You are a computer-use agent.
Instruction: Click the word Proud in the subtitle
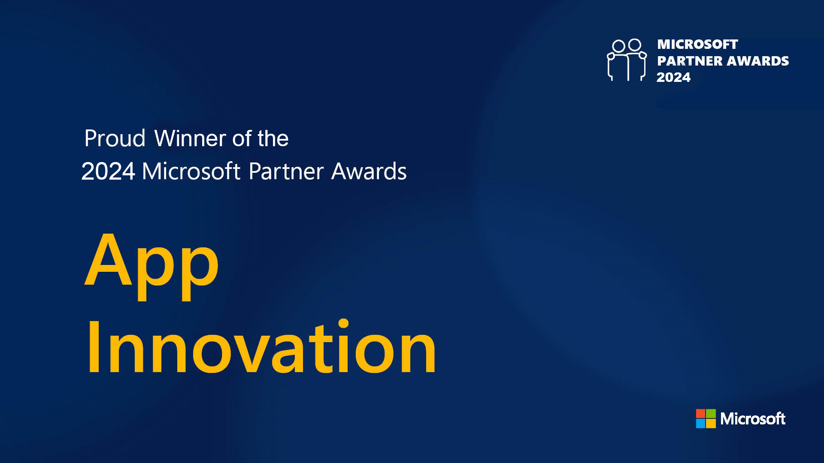click(115, 138)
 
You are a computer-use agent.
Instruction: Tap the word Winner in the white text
click(190, 138)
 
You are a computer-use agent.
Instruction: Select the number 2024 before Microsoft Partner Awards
click(108, 171)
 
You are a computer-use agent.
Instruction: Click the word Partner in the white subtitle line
click(286, 171)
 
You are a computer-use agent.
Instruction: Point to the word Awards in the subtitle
click(369, 171)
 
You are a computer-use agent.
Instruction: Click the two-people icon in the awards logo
click(627, 60)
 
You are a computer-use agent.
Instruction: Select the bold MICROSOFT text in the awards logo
click(697, 44)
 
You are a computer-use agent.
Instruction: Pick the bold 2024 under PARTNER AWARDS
click(673, 77)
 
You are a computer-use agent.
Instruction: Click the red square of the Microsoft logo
click(700, 413)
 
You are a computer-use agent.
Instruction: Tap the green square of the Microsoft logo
click(711, 413)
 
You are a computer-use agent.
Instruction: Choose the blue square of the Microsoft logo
click(700, 424)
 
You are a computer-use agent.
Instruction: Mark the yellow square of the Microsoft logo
click(711, 424)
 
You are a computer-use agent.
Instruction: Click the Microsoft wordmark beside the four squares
click(753, 419)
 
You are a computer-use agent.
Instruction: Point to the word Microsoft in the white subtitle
click(191, 171)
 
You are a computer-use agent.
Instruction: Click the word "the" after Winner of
click(273, 138)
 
